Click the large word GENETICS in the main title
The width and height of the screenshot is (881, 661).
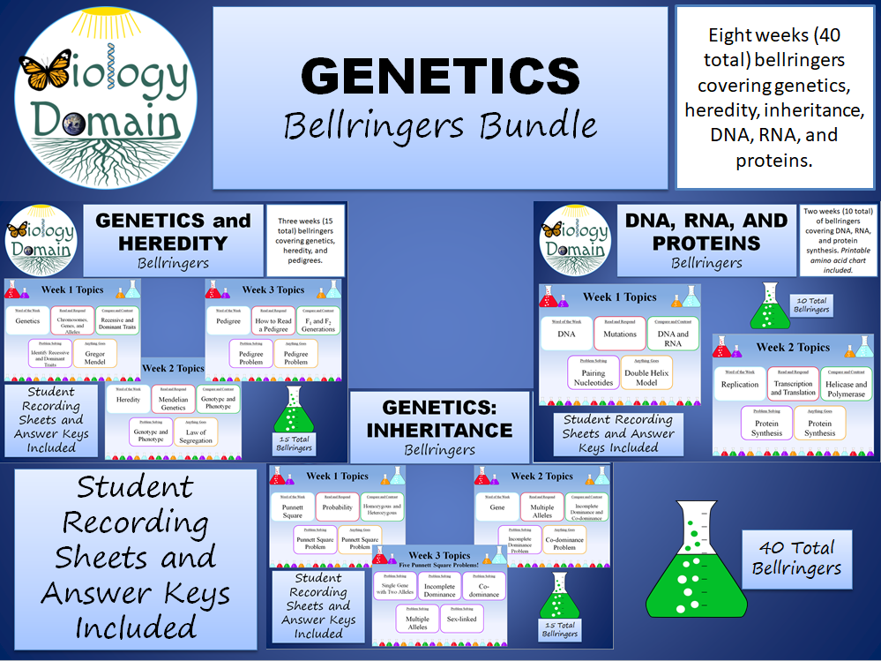coord(440,77)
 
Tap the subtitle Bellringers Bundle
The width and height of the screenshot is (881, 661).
coord(440,125)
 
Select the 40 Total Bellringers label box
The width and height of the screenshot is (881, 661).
coord(796,559)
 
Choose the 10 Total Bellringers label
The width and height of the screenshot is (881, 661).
coord(812,305)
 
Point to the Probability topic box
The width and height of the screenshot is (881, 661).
coord(337,507)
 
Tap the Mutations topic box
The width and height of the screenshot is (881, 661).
coord(620,334)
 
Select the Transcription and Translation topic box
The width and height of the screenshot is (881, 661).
coord(793,386)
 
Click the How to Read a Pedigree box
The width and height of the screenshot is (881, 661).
coord(273,324)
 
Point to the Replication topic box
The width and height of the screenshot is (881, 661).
coord(739,385)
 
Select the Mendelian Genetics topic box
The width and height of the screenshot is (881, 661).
coord(172,403)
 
